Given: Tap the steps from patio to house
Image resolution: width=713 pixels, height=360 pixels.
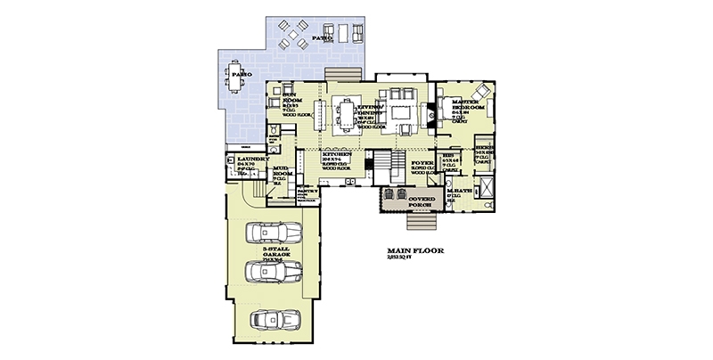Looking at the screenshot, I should tap(340, 74).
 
